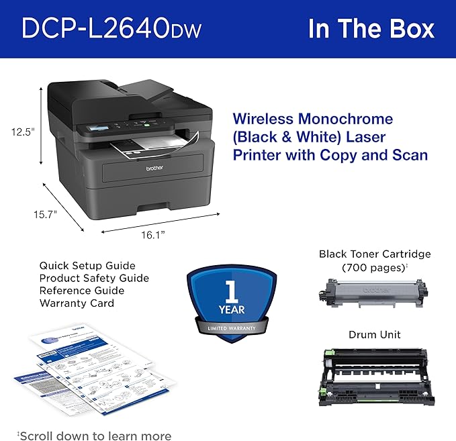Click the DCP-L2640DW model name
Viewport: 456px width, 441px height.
click(x=111, y=29)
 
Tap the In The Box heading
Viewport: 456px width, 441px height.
click(x=371, y=29)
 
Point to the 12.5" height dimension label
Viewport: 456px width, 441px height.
click(x=22, y=132)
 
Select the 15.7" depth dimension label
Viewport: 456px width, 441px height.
click(x=46, y=215)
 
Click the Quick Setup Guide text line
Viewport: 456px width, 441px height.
click(x=87, y=266)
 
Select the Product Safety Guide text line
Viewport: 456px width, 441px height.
click(x=94, y=278)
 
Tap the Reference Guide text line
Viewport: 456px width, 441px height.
click(x=81, y=291)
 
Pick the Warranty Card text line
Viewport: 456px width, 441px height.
click(x=77, y=303)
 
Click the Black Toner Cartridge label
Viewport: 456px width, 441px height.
click(x=375, y=254)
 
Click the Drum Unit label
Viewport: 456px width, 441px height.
click(x=374, y=334)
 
